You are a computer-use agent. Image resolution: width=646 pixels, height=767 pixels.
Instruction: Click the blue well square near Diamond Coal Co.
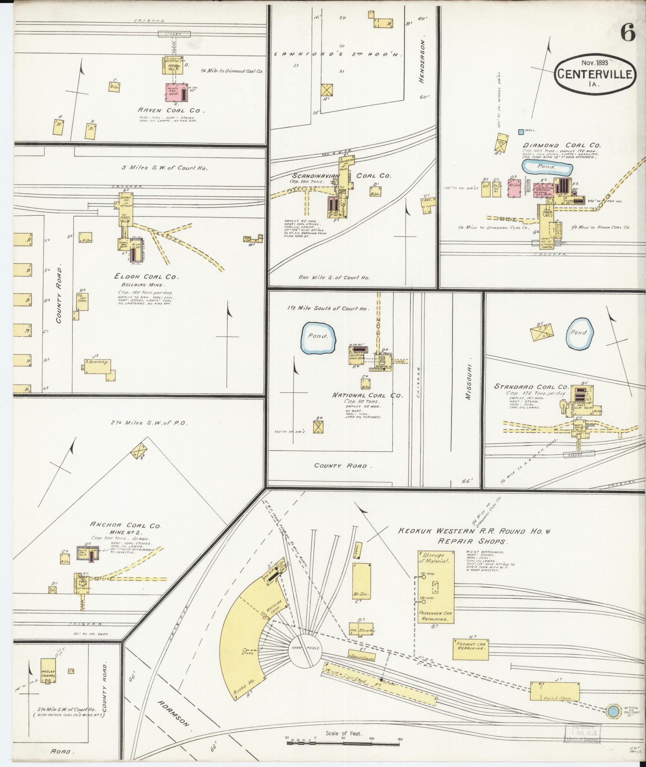click(x=521, y=132)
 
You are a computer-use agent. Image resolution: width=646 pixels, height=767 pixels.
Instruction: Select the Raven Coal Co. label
click(x=171, y=110)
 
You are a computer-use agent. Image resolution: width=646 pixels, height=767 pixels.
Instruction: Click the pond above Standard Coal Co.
click(x=580, y=332)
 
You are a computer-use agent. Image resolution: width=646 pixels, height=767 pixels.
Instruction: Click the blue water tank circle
click(x=612, y=712)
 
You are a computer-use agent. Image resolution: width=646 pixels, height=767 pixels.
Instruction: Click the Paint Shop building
click(x=555, y=692)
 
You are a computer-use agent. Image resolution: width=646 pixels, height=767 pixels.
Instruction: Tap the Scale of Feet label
click(x=344, y=733)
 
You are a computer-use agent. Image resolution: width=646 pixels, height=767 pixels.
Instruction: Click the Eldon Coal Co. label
click(x=146, y=277)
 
